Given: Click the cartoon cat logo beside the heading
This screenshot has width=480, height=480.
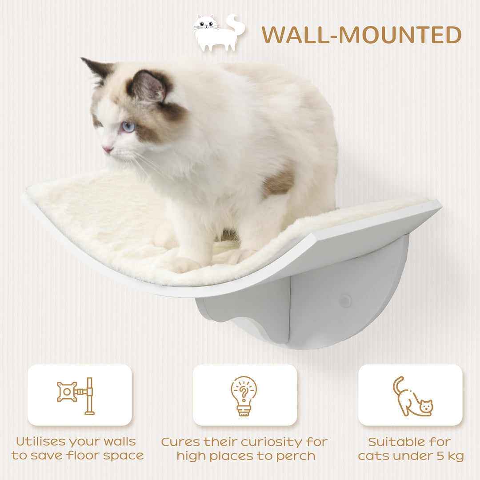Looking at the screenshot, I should point(219,33).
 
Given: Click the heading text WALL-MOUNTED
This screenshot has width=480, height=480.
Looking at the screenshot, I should point(361,35).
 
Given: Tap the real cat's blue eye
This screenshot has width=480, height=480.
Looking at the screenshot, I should point(128,127).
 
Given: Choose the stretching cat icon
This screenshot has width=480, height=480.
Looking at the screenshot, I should point(412,397).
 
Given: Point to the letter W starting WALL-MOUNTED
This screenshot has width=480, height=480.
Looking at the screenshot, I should point(272,35).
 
